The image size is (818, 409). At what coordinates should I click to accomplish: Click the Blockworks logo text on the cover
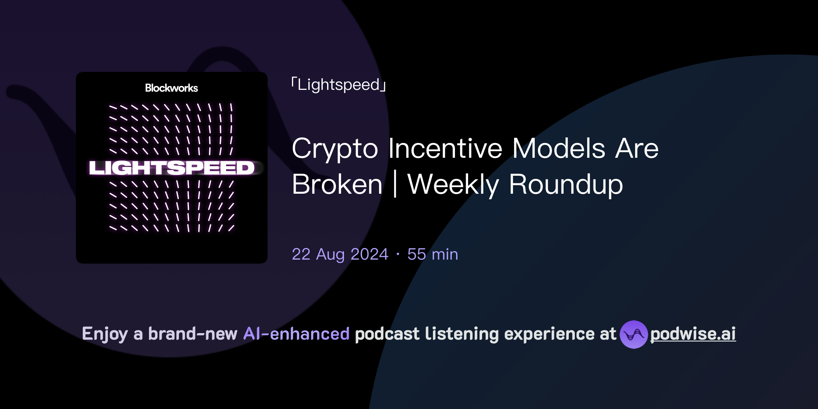pyautogui.click(x=171, y=88)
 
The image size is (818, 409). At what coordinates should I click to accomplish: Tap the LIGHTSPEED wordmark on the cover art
pyautogui.click(x=172, y=168)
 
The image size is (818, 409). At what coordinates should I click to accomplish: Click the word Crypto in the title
pyautogui.click(x=335, y=149)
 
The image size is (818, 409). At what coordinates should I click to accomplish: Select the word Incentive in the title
pyautogui.click(x=445, y=148)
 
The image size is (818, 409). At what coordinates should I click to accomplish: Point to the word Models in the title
pyautogui.click(x=559, y=148)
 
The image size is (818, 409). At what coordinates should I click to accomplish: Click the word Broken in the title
pyautogui.click(x=337, y=185)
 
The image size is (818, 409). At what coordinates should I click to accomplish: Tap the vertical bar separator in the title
pyautogui.click(x=395, y=185)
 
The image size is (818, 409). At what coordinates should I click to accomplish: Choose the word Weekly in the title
pyautogui.click(x=453, y=185)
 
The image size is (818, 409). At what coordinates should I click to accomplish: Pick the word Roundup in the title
pyautogui.click(x=566, y=185)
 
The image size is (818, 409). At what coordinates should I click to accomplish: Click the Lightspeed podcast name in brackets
pyautogui.click(x=339, y=85)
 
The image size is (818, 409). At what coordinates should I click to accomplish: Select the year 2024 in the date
pyautogui.click(x=369, y=254)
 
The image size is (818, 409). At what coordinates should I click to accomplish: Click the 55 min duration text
pyautogui.click(x=433, y=254)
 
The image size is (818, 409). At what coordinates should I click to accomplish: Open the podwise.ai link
pyautogui.click(x=693, y=334)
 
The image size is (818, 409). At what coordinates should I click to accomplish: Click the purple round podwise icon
pyautogui.click(x=633, y=334)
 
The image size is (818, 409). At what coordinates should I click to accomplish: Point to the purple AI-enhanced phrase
pyautogui.click(x=296, y=334)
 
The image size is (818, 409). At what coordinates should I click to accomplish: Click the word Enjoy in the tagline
pyautogui.click(x=105, y=334)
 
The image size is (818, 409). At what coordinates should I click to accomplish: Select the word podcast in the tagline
pyautogui.click(x=387, y=334)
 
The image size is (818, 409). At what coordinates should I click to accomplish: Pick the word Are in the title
pyautogui.click(x=637, y=148)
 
